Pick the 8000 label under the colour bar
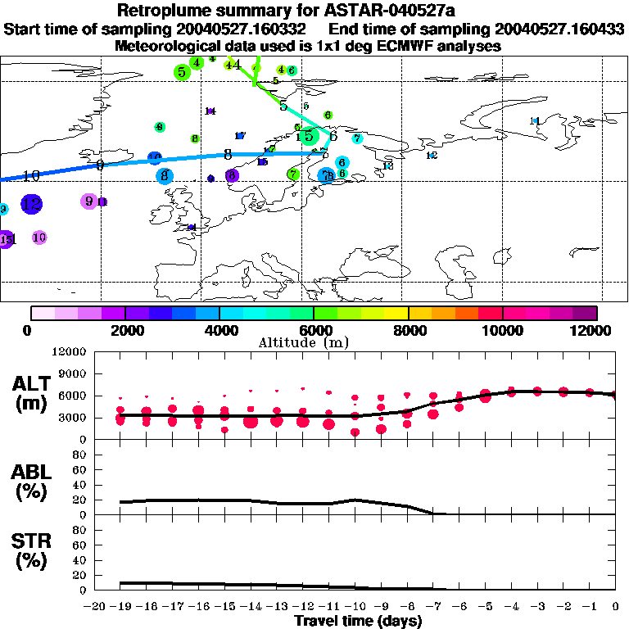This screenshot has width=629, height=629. coord(408,331)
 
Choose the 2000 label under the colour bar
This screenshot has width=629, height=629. coord(124,331)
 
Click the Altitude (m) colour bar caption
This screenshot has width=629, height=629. coord(314,342)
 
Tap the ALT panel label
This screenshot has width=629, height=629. coord(34,385)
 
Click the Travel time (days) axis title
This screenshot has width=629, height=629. coord(358,621)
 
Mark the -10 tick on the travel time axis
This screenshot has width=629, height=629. coord(354,607)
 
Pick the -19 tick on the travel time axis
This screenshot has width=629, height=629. coord(119,607)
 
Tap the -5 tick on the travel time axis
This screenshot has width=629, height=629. coord(485,607)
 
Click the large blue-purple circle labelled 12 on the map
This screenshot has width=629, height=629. coord(31,204)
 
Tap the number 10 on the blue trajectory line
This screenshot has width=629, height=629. coord(31,175)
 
